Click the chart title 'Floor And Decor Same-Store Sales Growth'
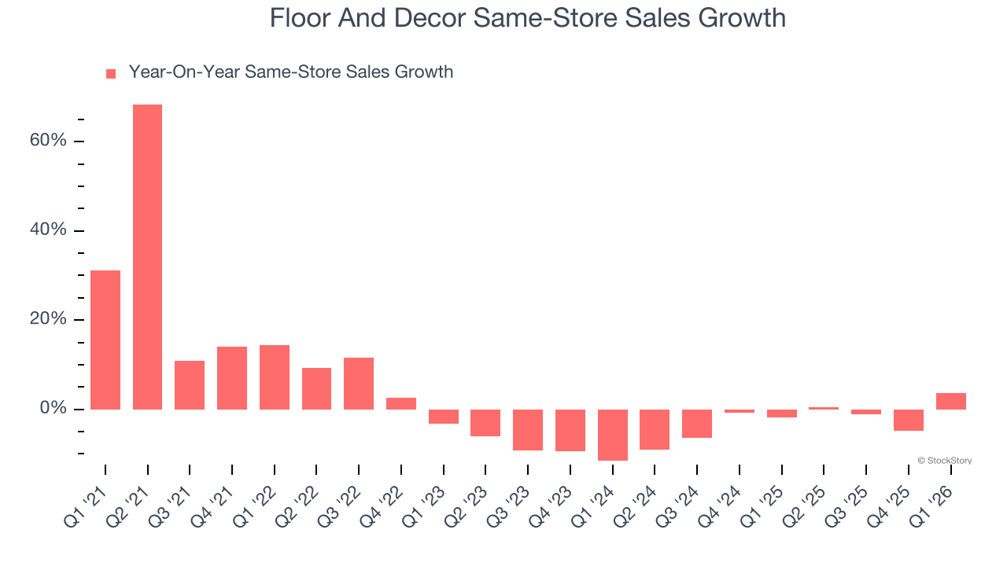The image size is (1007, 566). click(527, 17)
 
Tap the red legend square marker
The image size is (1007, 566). click(111, 73)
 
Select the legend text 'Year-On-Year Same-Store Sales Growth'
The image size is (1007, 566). click(290, 72)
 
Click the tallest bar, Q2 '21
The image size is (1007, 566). click(147, 257)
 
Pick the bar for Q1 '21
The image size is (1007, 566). click(105, 340)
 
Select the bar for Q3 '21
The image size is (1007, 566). click(190, 385)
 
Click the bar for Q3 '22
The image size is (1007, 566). click(359, 384)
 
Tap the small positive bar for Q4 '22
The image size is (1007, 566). click(401, 403)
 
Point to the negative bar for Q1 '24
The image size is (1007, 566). click(613, 435)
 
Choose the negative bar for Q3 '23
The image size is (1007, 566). click(528, 430)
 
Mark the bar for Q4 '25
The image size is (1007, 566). click(909, 420)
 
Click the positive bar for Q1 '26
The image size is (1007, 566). click(951, 401)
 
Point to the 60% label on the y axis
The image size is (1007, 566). click(48, 141)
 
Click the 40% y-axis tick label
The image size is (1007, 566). click(48, 230)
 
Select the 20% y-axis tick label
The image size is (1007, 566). click(48, 320)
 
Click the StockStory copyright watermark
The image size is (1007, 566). click(944, 461)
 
